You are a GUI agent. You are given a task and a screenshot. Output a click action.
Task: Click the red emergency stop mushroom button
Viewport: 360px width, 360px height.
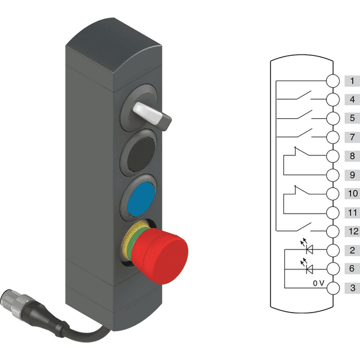coord(161,255)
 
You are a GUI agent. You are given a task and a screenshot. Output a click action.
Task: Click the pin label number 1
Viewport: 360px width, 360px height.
coord(352,81)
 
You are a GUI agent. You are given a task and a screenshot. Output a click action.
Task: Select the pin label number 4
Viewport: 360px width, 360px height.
coord(352,100)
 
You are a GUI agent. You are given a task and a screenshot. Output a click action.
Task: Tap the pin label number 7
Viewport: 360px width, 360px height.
coord(352,137)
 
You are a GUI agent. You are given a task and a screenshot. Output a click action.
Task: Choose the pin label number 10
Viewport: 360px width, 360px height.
coord(353,194)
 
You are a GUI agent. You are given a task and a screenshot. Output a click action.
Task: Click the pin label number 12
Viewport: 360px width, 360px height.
coord(353,231)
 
